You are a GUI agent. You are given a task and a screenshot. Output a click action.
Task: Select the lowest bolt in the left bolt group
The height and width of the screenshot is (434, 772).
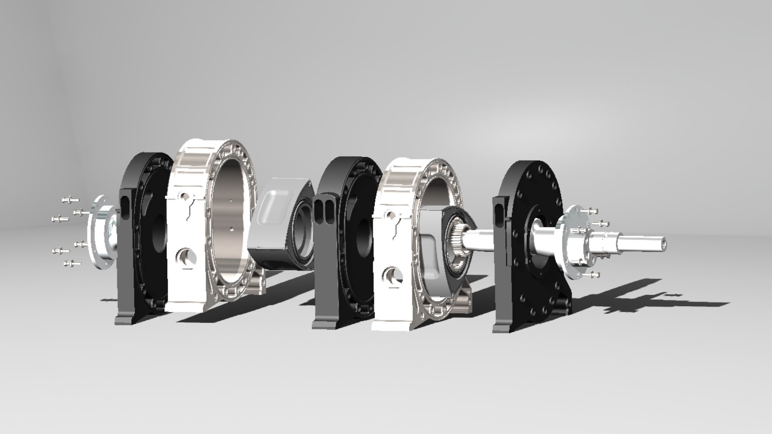pos(72,264)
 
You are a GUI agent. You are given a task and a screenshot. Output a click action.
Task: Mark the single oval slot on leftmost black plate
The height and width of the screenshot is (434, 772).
pos(125,207)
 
